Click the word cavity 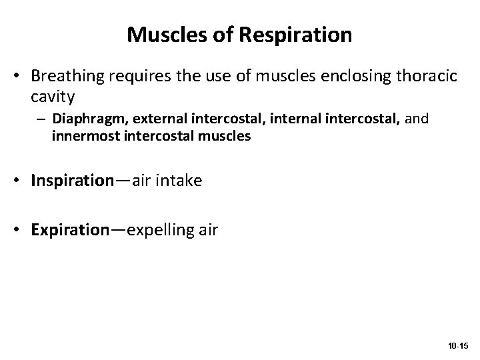pyautogui.click(x=53, y=98)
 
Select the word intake pyautogui.click(x=179, y=181)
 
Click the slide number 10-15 pyautogui.click(x=459, y=347)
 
